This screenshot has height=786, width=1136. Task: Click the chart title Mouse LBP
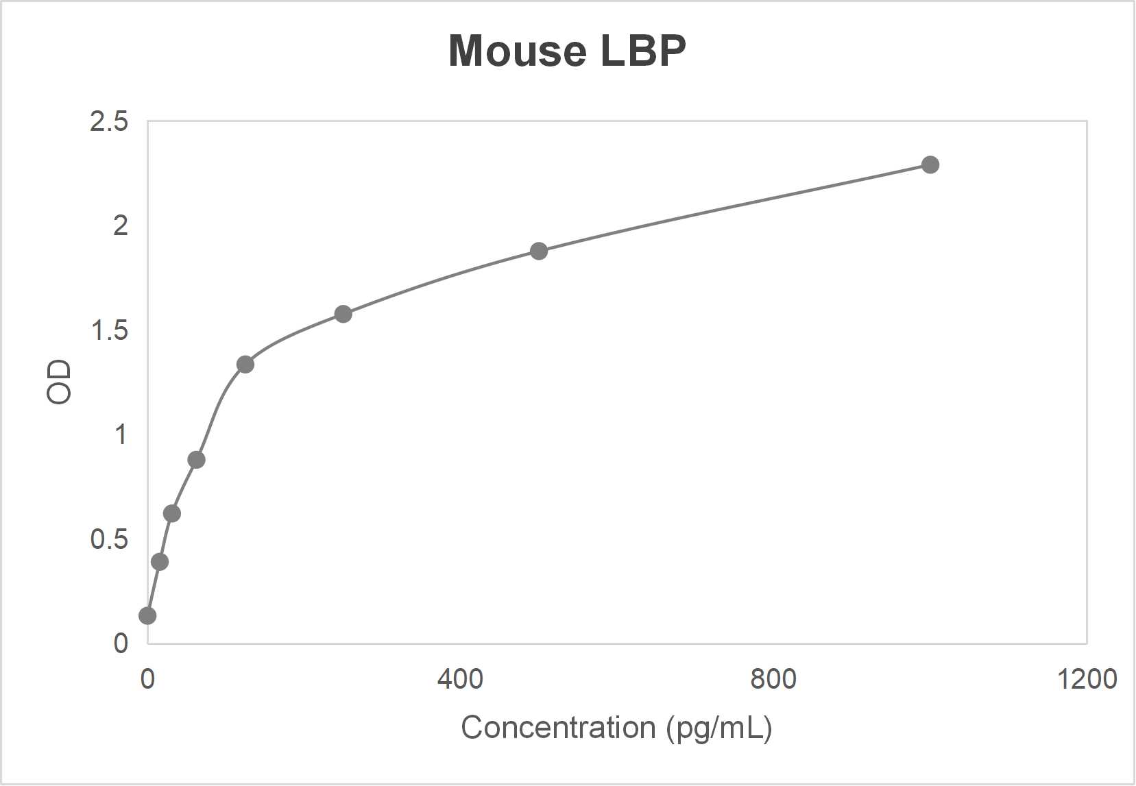click(567, 51)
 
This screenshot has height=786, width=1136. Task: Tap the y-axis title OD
click(59, 382)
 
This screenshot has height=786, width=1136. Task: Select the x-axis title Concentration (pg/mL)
click(616, 728)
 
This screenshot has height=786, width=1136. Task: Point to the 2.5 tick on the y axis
click(109, 122)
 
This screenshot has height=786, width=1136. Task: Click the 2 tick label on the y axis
click(121, 225)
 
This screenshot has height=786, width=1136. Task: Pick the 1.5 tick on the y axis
click(109, 330)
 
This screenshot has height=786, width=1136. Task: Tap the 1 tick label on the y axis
click(121, 434)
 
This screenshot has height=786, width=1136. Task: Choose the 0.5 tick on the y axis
click(109, 539)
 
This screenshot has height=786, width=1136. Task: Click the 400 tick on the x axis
click(460, 679)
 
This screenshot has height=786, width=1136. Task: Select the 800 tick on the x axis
click(773, 679)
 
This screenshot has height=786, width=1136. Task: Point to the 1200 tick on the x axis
click(1087, 679)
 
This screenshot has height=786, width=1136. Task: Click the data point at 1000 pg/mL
click(930, 164)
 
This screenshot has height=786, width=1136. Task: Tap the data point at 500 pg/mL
click(539, 251)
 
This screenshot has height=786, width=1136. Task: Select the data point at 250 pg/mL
click(343, 314)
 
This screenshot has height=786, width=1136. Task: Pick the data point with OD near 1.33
click(245, 365)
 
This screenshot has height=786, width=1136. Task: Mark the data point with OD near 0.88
click(196, 459)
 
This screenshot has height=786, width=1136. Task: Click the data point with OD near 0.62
click(172, 513)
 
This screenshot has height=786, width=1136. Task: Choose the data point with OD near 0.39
click(160, 562)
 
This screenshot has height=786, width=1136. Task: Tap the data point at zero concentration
click(147, 615)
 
